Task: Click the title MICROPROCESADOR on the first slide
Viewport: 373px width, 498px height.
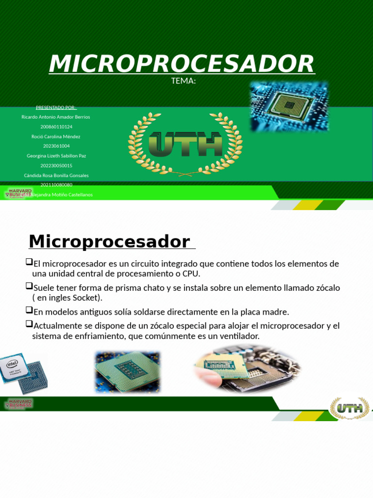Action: pyautogui.click(x=182, y=64)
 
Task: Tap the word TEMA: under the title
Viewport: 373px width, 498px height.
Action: pyautogui.click(x=184, y=81)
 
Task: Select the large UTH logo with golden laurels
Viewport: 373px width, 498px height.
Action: pyautogui.click(x=185, y=144)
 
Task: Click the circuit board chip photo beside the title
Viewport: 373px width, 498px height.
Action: pyautogui.click(x=289, y=106)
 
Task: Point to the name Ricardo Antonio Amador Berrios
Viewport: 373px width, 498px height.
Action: pyautogui.click(x=56, y=117)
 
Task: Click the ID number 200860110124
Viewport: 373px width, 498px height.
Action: pyautogui.click(x=56, y=127)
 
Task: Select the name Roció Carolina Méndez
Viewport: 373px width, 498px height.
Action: pyautogui.click(x=56, y=137)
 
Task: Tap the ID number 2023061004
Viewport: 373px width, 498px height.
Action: pyautogui.click(x=56, y=146)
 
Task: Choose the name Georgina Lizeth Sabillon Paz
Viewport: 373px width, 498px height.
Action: pyautogui.click(x=56, y=156)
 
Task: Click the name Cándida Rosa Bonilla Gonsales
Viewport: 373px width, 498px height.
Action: pyautogui.click(x=56, y=176)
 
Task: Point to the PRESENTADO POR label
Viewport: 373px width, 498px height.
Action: pyautogui.click(x=56, y=107)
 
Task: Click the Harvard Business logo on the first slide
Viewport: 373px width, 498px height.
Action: pyautogui.click(x=18, y=193)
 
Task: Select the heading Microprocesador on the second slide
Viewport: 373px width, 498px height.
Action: pyautogui.click(x=109, y=241)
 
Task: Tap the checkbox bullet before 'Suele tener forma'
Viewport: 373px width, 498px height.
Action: pyautogui.click(x=29, y=286)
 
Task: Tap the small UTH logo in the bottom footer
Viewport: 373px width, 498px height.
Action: pyautogui.click(x=349, y=408)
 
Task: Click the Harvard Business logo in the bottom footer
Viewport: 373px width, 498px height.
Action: pyautogui.click(x=18, y=403)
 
